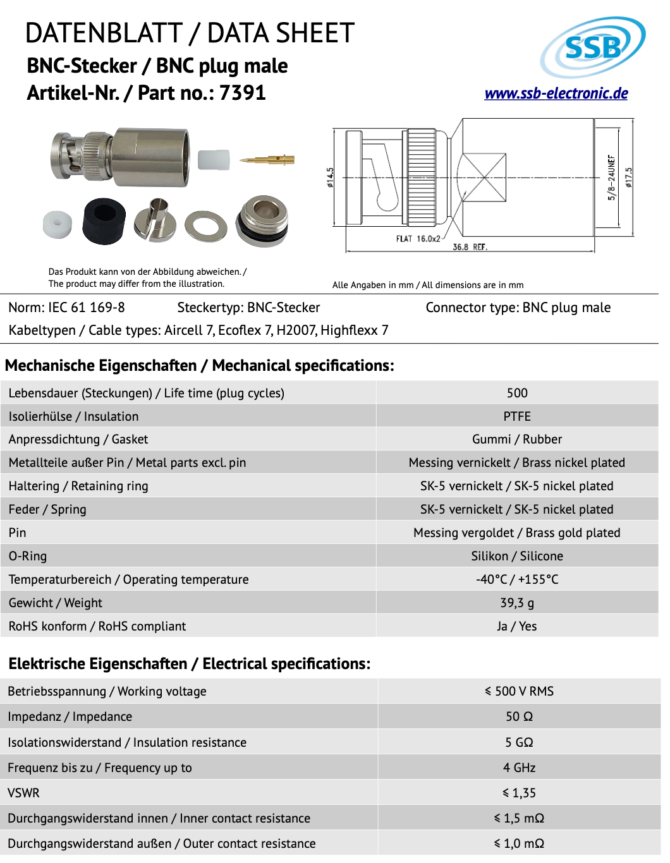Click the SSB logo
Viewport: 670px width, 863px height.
point(592,47)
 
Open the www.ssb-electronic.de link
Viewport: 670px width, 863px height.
point(556,94)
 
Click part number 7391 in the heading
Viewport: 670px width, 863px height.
point(242,93)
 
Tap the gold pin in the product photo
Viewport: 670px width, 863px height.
point(268,160)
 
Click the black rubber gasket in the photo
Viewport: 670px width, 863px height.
point(104,220)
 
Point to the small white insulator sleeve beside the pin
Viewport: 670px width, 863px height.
point(213,160)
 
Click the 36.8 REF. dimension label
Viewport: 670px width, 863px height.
point(470,247)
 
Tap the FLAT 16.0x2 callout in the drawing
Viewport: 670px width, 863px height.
point(418,239)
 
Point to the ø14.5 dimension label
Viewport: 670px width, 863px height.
point(330,178)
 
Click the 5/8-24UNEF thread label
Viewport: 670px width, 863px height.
point(611,178)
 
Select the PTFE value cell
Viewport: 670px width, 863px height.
point(516,416)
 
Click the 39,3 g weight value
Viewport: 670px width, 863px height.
point(516,603)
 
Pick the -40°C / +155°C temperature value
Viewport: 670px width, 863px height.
point(516,579)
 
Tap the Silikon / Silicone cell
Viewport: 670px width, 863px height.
point(516,556)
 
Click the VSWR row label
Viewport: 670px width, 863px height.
point(23,793)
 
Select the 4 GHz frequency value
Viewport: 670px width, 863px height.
point(519,768)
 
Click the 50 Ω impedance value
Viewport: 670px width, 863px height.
point(519,716)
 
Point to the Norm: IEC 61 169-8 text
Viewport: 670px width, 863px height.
point(66,308)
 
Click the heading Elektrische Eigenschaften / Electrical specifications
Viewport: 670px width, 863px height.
point(189,663)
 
